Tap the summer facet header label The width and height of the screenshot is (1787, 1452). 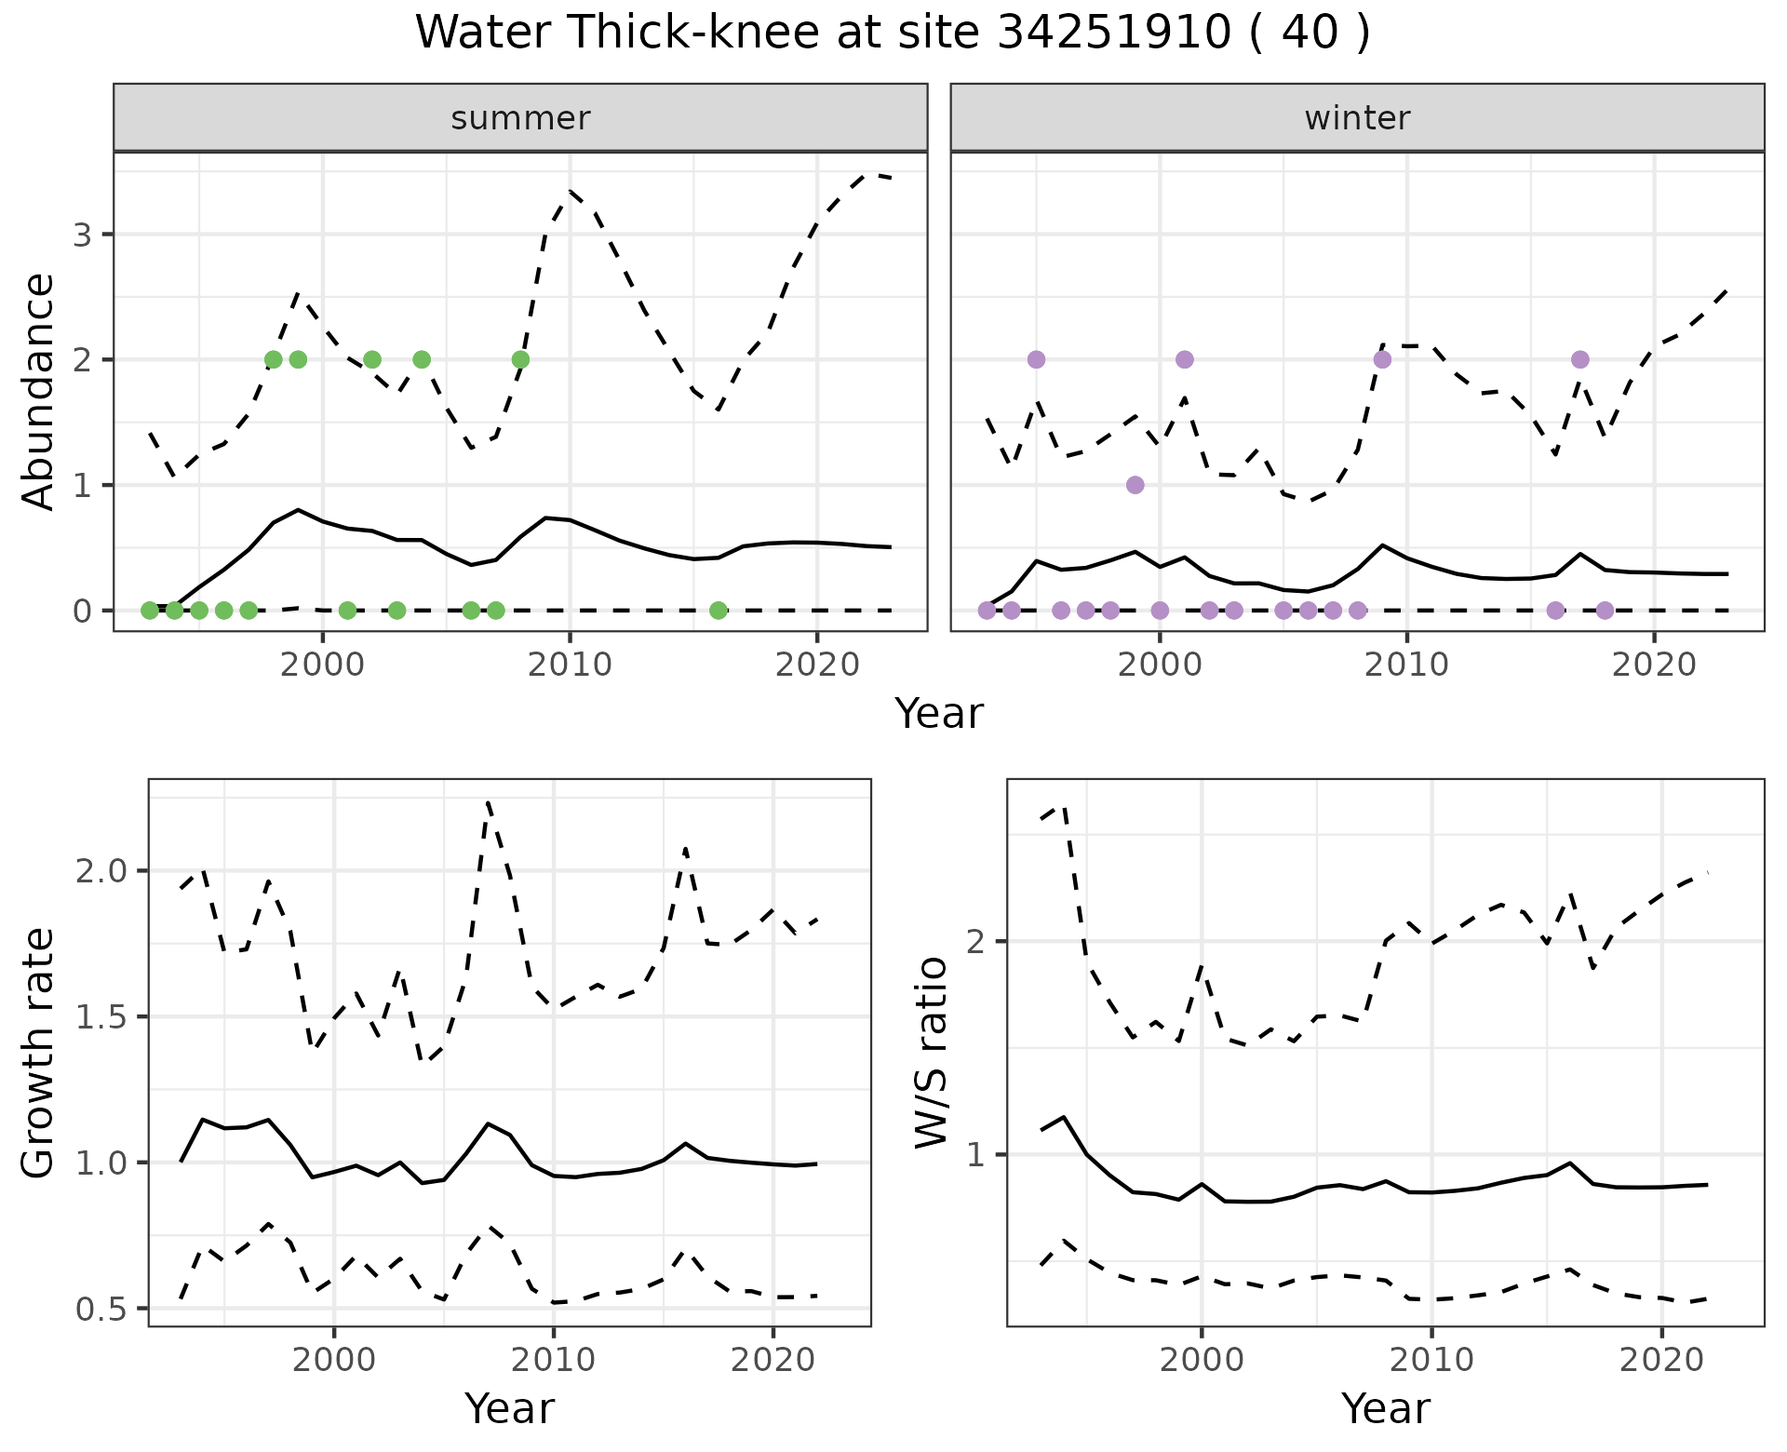(520, 118)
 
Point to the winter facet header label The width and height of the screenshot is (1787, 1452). (1357, 118)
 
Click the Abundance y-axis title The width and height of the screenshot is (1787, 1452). (39, 391)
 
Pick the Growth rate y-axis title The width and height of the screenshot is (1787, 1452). (39, 1053)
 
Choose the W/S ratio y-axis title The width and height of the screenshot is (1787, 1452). (931, 1053)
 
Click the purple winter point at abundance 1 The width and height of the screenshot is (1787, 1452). (1135, 485)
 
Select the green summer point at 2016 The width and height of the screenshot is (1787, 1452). (718, 611)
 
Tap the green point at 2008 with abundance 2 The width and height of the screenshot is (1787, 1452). (520, 359)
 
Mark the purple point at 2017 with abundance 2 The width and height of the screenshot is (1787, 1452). (1579, 359)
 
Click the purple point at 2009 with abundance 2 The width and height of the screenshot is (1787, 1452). (1382, 359)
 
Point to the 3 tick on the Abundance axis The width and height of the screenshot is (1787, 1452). (83, 235)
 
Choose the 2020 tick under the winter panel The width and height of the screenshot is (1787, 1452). (1653, 665)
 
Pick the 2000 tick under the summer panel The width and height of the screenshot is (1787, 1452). (322, 665)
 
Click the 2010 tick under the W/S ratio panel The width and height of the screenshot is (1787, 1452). (1431, 1361)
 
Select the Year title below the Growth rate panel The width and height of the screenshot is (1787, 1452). (509, 1409)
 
